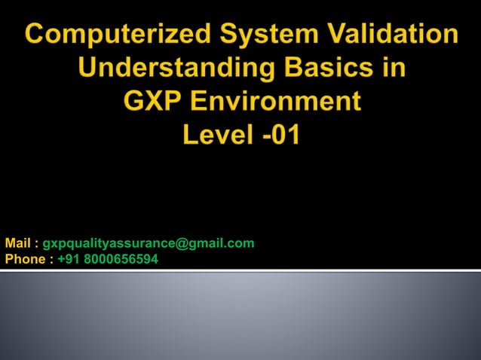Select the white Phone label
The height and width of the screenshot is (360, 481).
coord(24,259)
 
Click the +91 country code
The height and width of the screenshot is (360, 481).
coord(67,259)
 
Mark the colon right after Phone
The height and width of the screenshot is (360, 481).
coord(51,260)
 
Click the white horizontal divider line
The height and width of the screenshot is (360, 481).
coord(240,270)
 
